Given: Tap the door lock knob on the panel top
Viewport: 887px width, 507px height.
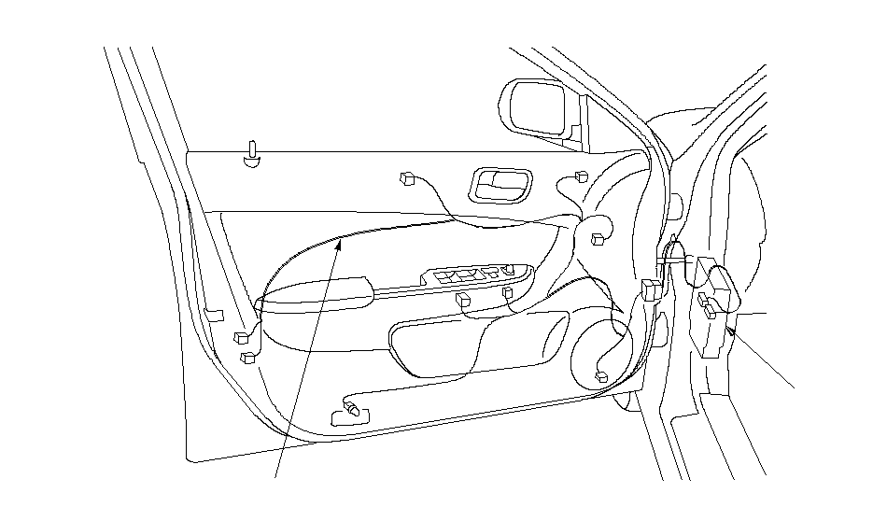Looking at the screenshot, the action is (x=252, y=154).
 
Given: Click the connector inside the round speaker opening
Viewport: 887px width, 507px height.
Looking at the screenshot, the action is (x=601, y=376).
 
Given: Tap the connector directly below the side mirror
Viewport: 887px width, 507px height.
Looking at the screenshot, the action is (x=582, y=176).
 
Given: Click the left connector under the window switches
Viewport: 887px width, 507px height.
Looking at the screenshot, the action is (x=464, y=300).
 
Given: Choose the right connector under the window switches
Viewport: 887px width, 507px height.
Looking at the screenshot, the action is (x=508, y=293).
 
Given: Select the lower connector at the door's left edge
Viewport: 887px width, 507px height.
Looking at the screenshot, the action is (x=246, y=357).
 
